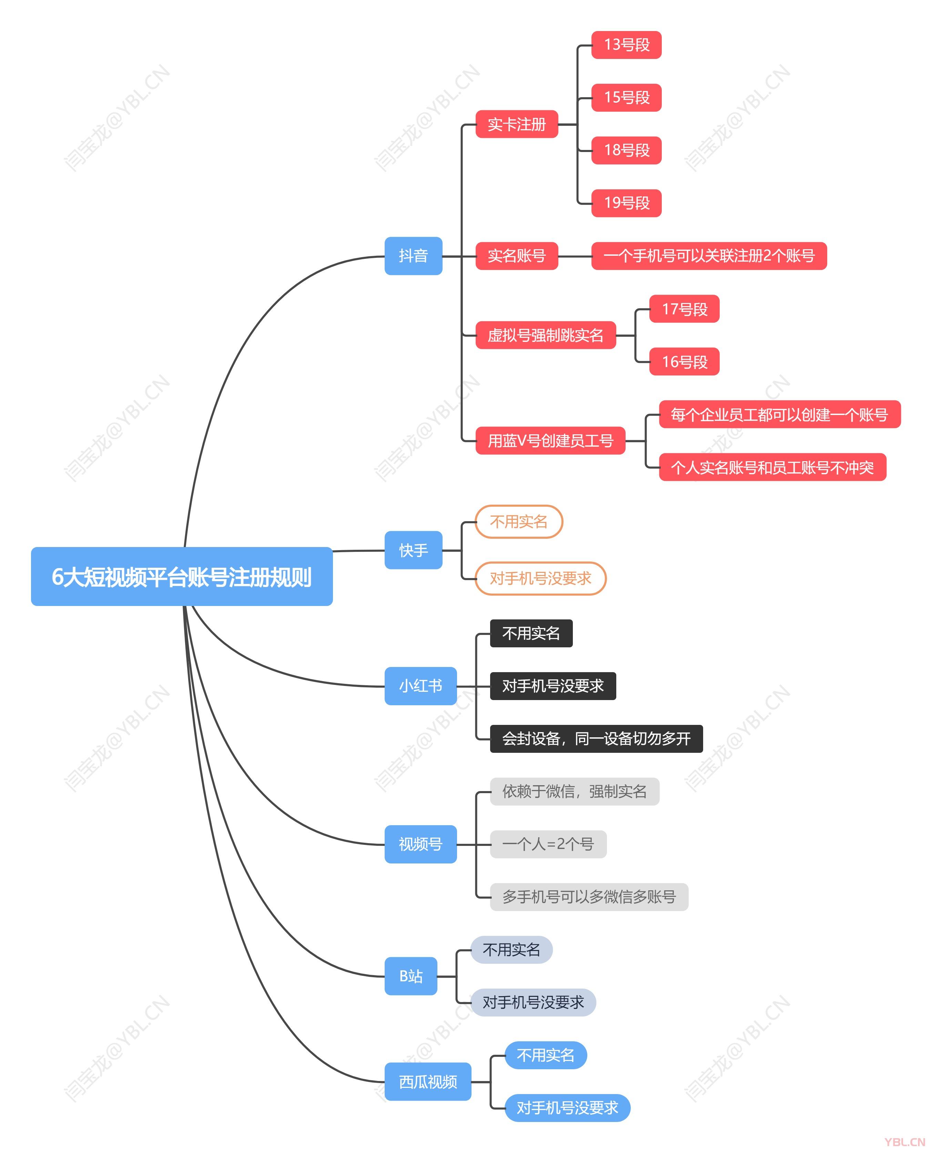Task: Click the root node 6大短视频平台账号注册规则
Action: [x=181, y=576]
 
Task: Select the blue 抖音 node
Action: [x=413, y=256]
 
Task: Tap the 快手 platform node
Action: [x=413, y=550]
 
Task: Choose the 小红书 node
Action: [x=421, y=686]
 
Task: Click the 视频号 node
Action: [x=421, y=844]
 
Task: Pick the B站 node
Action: [x=411, y=976]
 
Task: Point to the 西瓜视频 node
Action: [x=427, y=1082]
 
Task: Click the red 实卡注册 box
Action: [x=516, y=124]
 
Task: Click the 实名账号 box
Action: [x=516, y=256]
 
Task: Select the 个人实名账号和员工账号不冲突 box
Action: [x=772, y=467]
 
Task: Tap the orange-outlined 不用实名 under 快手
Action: [x=519, y=522]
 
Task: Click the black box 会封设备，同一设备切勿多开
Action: [x=596, y=739]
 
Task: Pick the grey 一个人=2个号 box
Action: [x=548, y=844]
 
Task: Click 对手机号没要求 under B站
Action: [x=533, y=1002]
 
